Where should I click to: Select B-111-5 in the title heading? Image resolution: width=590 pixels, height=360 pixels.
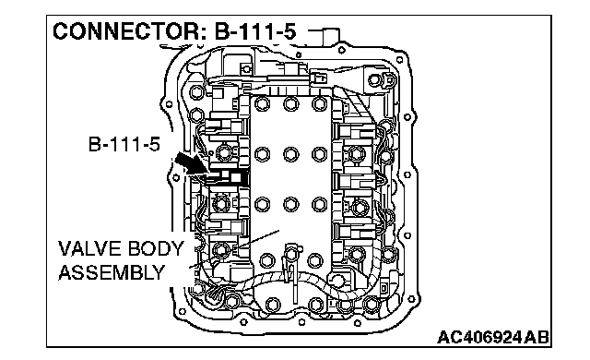coord(255,31)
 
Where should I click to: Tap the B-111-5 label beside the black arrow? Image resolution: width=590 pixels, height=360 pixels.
coord(124,144)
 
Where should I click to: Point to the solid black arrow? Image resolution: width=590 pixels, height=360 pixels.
coord(191,163)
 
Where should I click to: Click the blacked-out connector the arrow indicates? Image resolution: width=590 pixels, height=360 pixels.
coord(228,177)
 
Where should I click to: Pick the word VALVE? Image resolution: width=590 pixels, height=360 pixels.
coord(87,249)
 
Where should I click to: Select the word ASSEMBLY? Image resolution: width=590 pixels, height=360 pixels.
coord(112,272)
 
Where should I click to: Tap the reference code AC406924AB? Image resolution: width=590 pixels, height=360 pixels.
coord(493,337)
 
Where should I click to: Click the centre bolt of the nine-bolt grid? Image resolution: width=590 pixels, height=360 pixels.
coord(291,154)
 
